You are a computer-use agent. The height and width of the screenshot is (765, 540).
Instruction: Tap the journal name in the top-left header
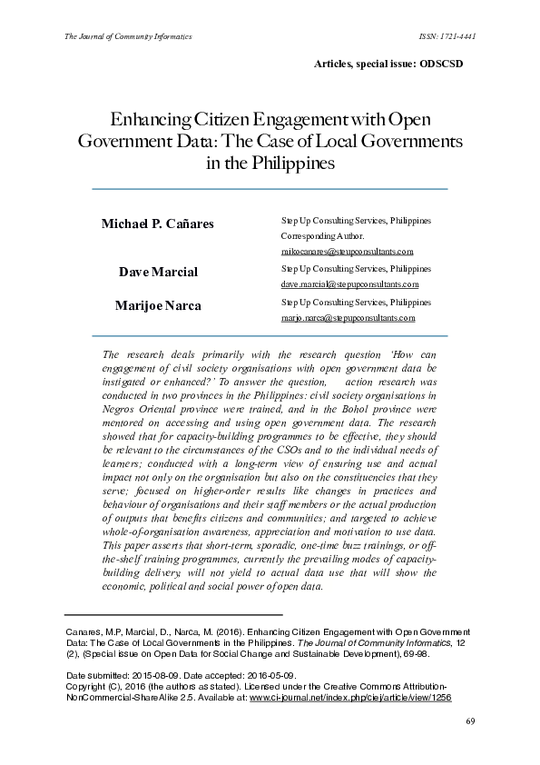coord(127,36)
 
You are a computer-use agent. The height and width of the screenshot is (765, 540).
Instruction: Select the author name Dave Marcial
coord(158,273)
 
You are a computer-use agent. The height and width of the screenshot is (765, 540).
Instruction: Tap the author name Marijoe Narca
coord(158,305)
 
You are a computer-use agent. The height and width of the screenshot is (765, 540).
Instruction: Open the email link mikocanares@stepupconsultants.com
coord(348,252)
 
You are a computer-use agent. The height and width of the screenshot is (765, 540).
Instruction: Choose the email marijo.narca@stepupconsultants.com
coord(349,318)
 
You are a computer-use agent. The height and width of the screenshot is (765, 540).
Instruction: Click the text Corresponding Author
coord(323,235)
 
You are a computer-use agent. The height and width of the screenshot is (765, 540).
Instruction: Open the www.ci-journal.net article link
coord(350,698)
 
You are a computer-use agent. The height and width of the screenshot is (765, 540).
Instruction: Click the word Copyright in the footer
coord(91,687)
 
